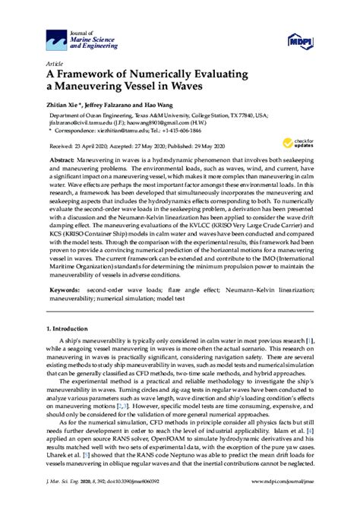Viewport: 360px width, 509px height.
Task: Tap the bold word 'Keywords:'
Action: [66, 289]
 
